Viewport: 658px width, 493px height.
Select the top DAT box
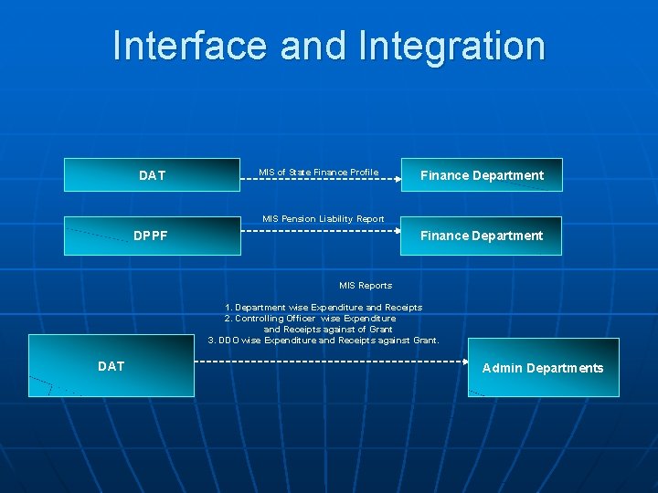click(152, 174)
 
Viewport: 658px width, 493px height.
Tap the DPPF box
click(152, 236)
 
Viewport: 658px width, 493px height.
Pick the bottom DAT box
click(111, 366)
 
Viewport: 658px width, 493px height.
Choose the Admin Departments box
click(543, 368)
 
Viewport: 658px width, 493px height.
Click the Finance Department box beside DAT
click(482, 174)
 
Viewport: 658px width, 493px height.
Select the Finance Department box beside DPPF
click(482, 236)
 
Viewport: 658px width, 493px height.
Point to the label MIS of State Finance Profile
click(318, 172)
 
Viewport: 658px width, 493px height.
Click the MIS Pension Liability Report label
click(323, 219)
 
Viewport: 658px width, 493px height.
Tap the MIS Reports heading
click(366, 286)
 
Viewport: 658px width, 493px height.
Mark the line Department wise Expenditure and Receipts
click(324, 308)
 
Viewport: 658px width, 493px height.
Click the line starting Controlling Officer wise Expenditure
click(311, 319)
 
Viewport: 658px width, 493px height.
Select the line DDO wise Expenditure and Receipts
click(324, 341)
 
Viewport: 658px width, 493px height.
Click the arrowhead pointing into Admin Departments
click(463, 362)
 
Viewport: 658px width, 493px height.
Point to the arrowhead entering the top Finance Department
click(398, 180)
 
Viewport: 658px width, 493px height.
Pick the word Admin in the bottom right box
click(502, 368)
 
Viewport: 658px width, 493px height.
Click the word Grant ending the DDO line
click(425, 341)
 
